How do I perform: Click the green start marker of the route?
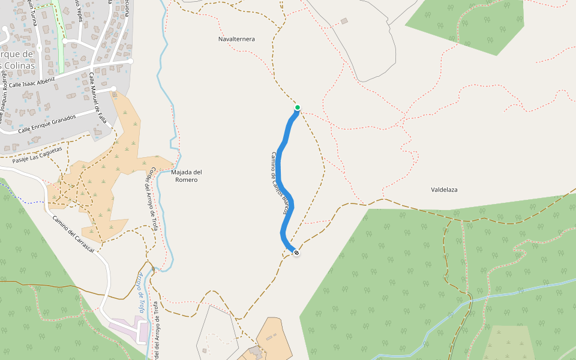pyautogui.click(x=297, y=108)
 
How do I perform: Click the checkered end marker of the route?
pyautogui.click(x=296, y=253)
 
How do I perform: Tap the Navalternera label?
pyautogui.click(x=236, y=39)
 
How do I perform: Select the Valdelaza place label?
pyautogui.click(x=444, y=190)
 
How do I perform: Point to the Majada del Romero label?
pyautogui.click(x=186, y=176)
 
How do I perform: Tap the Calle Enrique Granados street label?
pyautogui.click(x=47, y=122)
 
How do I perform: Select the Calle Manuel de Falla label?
pyautogui.click(x=98, y=98)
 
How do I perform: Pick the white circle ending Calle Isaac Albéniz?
pyautogui.click(x=130, y=61)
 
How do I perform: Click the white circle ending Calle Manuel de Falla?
pyautogui.click(x=113, y=89)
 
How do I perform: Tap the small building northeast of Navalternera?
pyautogui.click(x=344, y=22)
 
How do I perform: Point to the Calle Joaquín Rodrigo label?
pyautogui.click(x=6, y=96)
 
